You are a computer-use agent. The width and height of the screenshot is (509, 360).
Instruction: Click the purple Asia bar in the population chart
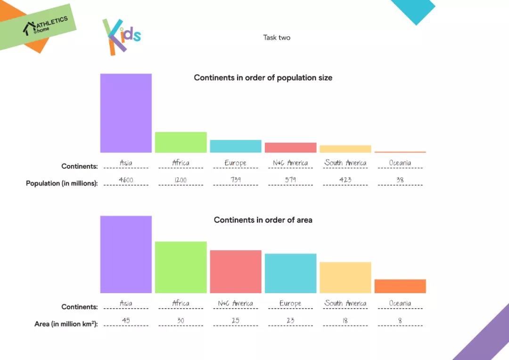126,113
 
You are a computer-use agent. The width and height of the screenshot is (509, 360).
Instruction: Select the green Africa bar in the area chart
181,267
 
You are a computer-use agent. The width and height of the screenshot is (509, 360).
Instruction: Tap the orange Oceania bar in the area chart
400,286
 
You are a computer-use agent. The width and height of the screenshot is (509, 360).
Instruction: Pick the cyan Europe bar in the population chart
236,146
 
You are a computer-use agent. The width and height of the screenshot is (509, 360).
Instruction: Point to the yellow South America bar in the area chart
345,278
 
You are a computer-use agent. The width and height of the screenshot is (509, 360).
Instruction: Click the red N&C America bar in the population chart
290,147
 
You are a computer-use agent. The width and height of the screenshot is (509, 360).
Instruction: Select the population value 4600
126,180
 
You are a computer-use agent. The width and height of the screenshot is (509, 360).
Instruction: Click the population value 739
236,180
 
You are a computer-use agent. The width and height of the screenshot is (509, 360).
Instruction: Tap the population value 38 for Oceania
400,180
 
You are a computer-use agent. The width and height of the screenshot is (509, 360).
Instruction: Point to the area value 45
126,320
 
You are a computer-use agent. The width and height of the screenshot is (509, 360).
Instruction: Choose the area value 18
345,320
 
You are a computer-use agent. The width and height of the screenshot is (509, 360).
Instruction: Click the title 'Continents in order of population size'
263,78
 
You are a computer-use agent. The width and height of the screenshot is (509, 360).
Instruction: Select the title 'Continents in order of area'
263,220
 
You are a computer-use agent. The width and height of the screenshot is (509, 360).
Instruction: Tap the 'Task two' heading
277,37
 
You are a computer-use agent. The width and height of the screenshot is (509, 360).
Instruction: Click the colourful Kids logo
121,36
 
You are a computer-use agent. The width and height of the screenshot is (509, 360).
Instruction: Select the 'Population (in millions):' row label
62,183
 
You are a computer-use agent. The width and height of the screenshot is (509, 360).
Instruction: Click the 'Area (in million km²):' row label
66,324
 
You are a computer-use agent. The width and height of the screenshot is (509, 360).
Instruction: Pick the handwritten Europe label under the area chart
290,303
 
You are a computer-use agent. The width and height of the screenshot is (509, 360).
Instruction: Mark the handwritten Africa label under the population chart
181,163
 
